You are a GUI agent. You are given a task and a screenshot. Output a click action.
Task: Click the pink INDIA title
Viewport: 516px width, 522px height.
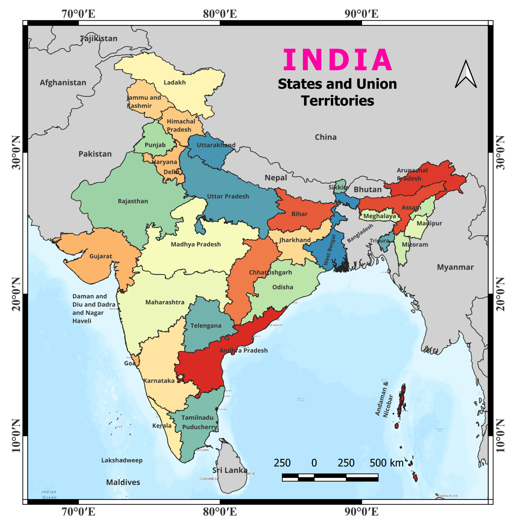coord(337,60)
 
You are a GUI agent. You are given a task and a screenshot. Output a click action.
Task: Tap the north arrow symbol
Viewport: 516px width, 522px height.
coord(466,74)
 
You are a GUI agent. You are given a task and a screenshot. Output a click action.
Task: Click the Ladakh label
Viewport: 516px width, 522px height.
coord(175,82)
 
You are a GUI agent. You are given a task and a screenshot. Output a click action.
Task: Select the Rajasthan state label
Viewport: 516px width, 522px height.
coord(133,201)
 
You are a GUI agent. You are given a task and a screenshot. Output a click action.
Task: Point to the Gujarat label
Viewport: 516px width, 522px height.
coord(101,256)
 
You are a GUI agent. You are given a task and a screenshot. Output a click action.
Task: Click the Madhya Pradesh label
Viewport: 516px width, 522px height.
coord(196,244)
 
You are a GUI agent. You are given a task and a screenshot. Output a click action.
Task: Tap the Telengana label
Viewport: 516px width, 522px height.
coord(206,326)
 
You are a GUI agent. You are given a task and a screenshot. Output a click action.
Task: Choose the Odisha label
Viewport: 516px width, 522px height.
coord(283,287)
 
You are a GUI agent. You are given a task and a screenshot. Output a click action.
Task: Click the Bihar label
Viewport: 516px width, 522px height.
coord(299,214)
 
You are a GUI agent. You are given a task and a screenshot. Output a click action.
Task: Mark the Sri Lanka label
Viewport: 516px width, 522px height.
coord(230,470)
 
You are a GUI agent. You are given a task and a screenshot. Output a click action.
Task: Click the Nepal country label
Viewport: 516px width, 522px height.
coord(276,178)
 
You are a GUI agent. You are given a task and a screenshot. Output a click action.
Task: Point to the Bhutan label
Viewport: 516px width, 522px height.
coord(368,189)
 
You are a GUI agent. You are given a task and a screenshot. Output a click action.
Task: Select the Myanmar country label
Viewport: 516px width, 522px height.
coord(455,267)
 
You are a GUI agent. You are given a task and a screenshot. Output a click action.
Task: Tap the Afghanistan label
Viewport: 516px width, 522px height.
coord(63,82)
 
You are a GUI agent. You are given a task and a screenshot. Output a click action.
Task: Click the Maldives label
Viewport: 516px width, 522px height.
coord(123,482)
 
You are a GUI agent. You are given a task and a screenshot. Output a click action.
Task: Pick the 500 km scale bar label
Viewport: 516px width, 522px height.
coord(386,463)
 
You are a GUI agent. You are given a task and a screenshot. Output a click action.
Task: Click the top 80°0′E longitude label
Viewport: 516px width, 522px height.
coord(220,14)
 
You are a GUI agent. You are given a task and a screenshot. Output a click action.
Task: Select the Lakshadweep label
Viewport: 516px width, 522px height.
coord(122,460)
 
